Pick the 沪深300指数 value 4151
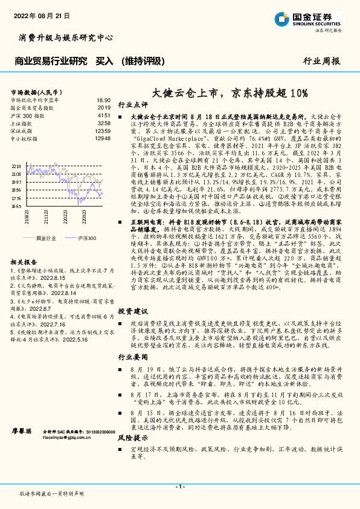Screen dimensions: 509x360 tap(104, 114)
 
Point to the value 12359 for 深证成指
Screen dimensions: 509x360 tap(103, 130)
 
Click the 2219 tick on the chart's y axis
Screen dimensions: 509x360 tap(16, 165)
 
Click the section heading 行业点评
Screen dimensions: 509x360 tap(132, 104)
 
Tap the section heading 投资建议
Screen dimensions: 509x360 tap(132, 311)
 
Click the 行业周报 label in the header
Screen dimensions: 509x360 tap(321, 61)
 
